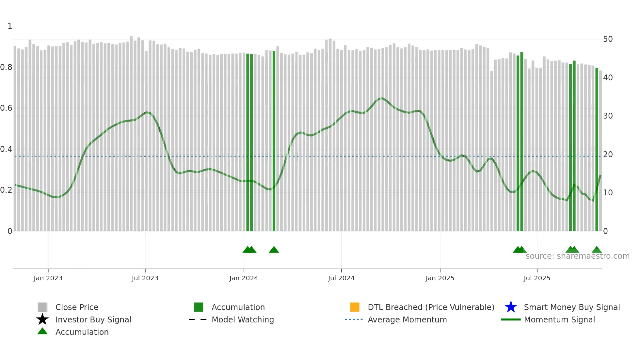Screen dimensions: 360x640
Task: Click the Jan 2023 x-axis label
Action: [x=48, y=278]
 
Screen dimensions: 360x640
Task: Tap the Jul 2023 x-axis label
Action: [x=145, y=278]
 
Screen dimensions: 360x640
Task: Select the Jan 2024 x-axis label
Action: [x=244, y=278]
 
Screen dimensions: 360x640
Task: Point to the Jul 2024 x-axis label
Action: [x=341, y=278]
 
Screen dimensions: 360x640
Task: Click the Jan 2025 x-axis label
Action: [x=440, y=278]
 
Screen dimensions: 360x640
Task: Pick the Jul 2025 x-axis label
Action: [x=537, y=278]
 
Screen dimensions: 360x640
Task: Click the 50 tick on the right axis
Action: [x=608, y=39]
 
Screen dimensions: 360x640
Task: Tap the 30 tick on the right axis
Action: [x=608, y=116]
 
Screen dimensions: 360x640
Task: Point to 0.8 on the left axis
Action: [x=6, y=67]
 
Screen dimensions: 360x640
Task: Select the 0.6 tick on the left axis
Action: [x=6, y=108]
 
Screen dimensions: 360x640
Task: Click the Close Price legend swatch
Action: [x=42, y=307]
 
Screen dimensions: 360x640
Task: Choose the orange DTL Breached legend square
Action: [x=355, y=307]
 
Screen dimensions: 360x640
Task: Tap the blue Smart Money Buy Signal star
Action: [x=511, y=307]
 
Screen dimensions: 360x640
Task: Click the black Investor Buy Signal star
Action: [x=42, y=319]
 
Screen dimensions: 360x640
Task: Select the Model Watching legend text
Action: [x=243, y=319]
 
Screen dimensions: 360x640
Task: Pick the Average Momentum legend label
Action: [x=407, y=319]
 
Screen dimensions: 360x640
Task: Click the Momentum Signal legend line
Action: [x=511, y=319]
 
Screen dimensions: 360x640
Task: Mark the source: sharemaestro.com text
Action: [x=577, y=256]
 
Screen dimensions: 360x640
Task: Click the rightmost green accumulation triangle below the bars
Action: [x=597, y=250]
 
